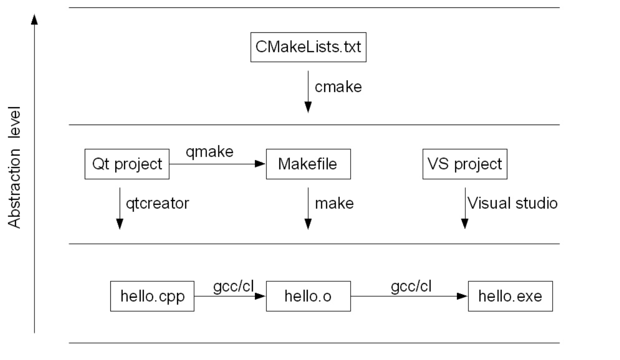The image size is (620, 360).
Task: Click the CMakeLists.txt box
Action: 308,48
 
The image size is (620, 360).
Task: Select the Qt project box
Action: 128,164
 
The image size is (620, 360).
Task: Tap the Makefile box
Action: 308,164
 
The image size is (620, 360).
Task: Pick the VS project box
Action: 464,164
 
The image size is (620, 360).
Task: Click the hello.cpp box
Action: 152,296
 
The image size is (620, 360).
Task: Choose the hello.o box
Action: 308,296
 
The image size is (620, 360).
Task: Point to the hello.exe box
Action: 510,296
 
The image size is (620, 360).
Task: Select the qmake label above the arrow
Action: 209,152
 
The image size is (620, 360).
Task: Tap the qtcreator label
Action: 160,203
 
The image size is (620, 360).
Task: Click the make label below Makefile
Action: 334,203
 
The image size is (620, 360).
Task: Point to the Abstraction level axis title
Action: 16,167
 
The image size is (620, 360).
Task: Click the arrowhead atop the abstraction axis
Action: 34,19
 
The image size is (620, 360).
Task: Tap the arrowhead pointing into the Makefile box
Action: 260,164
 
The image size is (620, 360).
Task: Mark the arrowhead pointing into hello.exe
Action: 462,296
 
